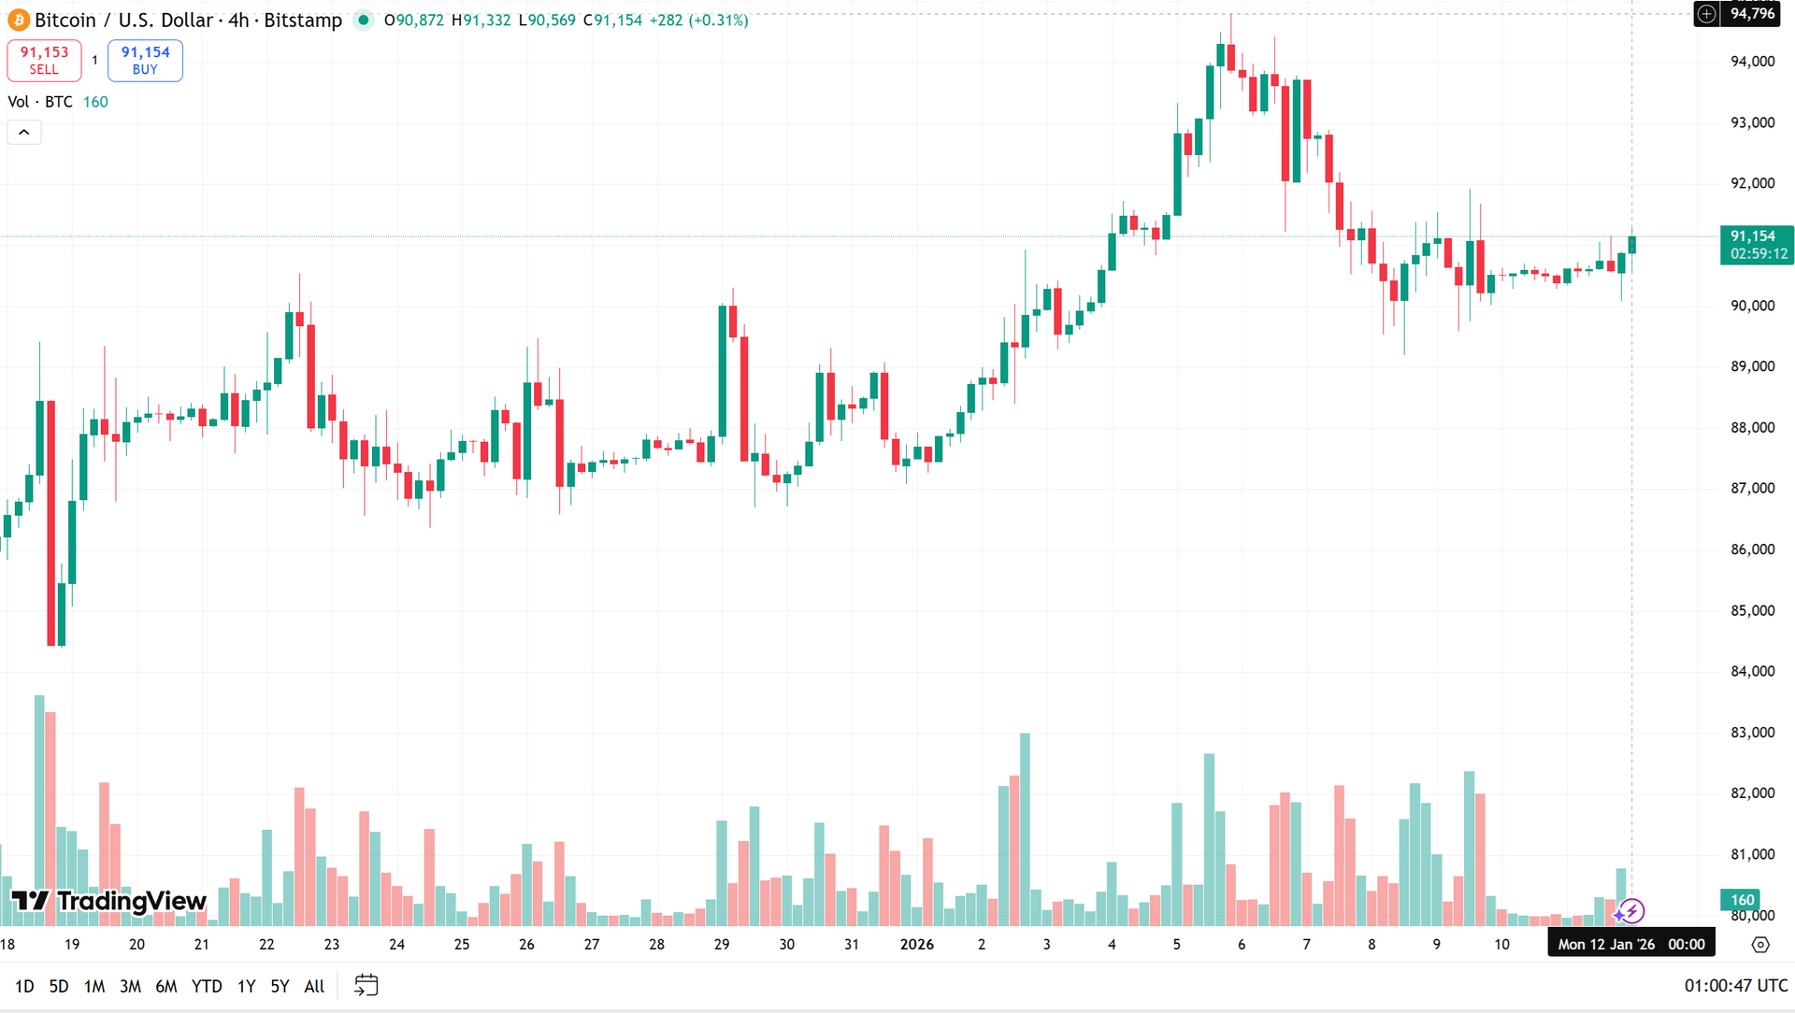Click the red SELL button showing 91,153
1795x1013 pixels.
pos(44,61)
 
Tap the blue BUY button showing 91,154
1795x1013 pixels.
pos(145,61)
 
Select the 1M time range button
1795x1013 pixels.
pos(94,986)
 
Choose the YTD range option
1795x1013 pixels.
pos(207,986)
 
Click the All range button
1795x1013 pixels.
pos(314,986)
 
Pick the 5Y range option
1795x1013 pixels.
pos(280,986)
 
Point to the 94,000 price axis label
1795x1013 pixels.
pos(1752,62)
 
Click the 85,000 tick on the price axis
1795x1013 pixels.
pos(1752,611)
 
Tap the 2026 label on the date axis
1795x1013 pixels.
pos(916,945)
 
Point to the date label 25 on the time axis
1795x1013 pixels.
pos(462,945)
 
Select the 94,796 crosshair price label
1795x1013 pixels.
pos(1752,14)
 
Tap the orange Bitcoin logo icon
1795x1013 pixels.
pos(19,21)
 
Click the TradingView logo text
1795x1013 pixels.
pos(109,901)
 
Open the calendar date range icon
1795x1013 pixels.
pos(366,985)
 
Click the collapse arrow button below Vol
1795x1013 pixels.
pos(24,133)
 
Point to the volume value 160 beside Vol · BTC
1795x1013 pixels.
pos(95,102)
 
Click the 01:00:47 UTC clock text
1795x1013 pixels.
pos(1735,986)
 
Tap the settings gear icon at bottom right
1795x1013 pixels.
pos(1760,945)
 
